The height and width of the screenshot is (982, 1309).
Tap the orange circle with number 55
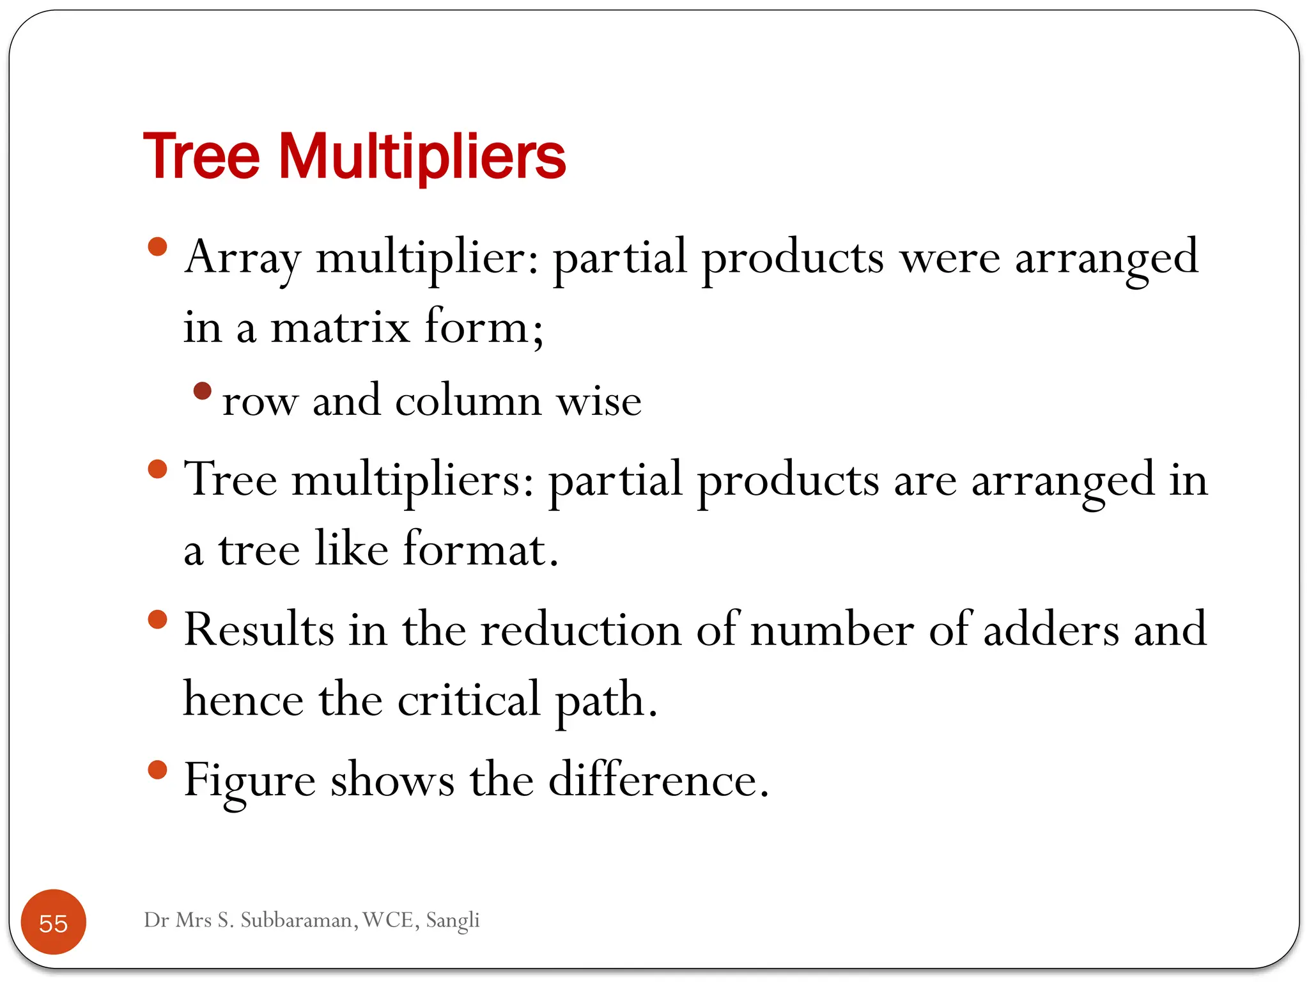pyautogui.click(x=54, y=922)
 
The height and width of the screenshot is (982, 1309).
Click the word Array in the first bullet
pyautogui.click(x=242, y=258)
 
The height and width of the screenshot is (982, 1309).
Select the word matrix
pyautogui.click(x=340, y=327)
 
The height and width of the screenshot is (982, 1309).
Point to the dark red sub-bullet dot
pyautogui.click(x=202, y=391)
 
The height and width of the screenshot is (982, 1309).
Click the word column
pyautogui.click(x=469, y=401)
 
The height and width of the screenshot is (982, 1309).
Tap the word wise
pyautogui.click(x=599, y=401)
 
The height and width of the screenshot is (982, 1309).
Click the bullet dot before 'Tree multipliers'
pyautogui.click(x=157, y=469)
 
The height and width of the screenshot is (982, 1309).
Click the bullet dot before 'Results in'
pyautogui.click(x=157, y=620)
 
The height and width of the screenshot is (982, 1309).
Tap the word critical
pyautogui.click(x=469, y=699)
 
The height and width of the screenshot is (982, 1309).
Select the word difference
pyautogui.click(x=658, y=780)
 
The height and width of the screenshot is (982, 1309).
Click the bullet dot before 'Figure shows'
pyautogui.click(x=157, y=770)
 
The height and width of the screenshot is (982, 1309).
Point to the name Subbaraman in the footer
pyautogui.click(x=299, y=920)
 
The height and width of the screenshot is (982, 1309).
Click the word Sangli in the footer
pyautogui.click(x=453, y=921)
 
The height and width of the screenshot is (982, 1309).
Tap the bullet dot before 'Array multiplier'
pyautogui.click(x=157, y=247)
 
